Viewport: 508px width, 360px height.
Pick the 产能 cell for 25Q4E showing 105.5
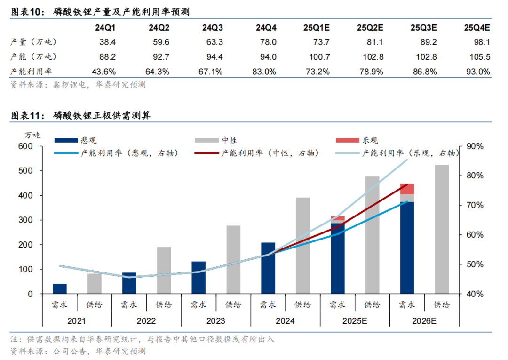tap(480, 57)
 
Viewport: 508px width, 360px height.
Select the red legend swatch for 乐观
tap(348, 140)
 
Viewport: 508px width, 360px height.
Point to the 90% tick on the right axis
tap(476, 146)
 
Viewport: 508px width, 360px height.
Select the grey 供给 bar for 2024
tap(302, 246)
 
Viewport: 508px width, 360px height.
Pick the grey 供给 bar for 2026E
tap(442, 229)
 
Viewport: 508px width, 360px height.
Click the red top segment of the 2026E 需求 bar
tap(407, 189)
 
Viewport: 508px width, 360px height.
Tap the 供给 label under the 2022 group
tap(164, 304)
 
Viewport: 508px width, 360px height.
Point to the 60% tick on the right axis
tap(476, 235)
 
